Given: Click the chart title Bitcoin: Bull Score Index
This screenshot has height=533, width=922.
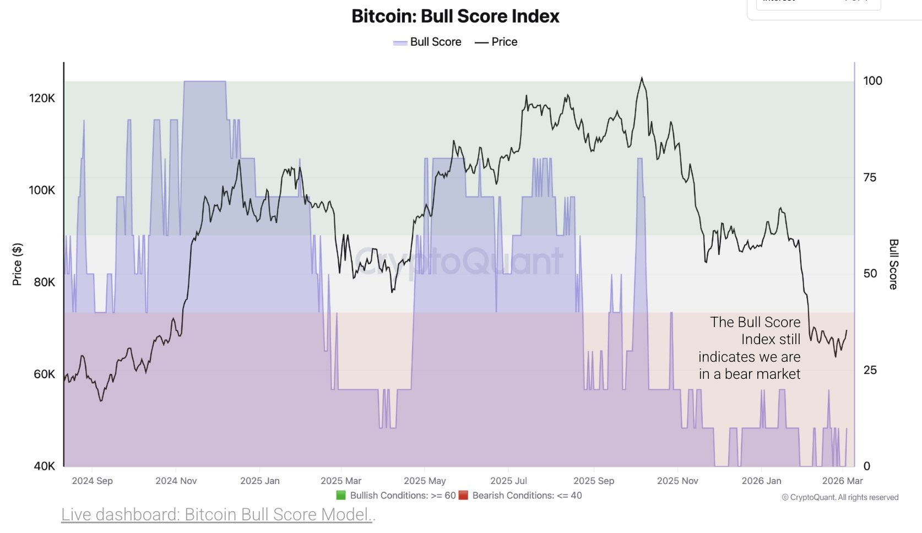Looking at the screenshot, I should pos(455,17).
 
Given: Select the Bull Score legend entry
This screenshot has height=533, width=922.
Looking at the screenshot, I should pos(428,42).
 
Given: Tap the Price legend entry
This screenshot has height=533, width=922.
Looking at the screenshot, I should pos(497,42).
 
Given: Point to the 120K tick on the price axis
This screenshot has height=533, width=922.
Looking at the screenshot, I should pos(42,99).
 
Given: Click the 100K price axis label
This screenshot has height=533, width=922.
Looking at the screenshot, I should pos(42,191).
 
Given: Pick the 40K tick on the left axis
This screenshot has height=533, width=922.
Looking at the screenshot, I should pos(44,466).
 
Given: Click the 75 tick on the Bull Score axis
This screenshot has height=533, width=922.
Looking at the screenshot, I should pos(870,177).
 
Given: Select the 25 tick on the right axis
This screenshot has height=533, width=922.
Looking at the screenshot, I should pos(870,370).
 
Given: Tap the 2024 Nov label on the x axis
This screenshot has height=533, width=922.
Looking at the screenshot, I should pos(176,481).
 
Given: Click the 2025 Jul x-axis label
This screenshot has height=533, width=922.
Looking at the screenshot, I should pos(508,481).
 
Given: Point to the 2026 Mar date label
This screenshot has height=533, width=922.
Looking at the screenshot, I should pos(842,481).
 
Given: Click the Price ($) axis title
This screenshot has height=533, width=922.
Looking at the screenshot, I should pos(17,264).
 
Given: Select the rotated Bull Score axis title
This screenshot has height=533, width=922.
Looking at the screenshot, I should pos(893,264).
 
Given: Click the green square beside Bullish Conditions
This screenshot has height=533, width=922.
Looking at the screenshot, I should pos(341,495).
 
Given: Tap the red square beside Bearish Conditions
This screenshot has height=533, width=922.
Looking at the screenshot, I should pos(463,495).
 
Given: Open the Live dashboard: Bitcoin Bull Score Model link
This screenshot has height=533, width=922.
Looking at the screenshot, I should pos(218,514).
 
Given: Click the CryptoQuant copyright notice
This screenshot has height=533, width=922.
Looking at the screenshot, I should pos(840,497).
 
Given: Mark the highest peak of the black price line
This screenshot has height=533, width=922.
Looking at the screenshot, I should pos(642,78).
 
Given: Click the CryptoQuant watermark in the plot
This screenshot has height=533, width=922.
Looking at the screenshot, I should pos(458,261).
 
